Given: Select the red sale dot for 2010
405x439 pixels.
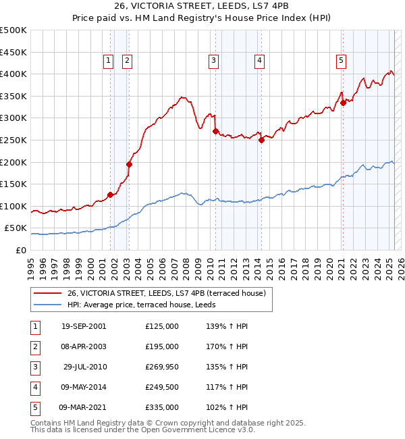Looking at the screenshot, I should click(215, 132).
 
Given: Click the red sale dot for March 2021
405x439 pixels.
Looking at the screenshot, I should click(343, 103).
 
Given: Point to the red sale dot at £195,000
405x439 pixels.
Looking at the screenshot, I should click(129, 164).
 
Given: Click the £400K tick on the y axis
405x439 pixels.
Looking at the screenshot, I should click(14, 74).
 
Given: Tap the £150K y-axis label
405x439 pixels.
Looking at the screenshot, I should click(14, 184).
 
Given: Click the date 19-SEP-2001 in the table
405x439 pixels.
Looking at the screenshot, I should click(83, 326).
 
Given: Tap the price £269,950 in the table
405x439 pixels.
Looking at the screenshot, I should click(161, 367).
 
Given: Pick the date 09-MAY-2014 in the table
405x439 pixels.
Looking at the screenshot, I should click(83, 387).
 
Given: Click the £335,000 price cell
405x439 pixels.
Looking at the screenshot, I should click(161, 407).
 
